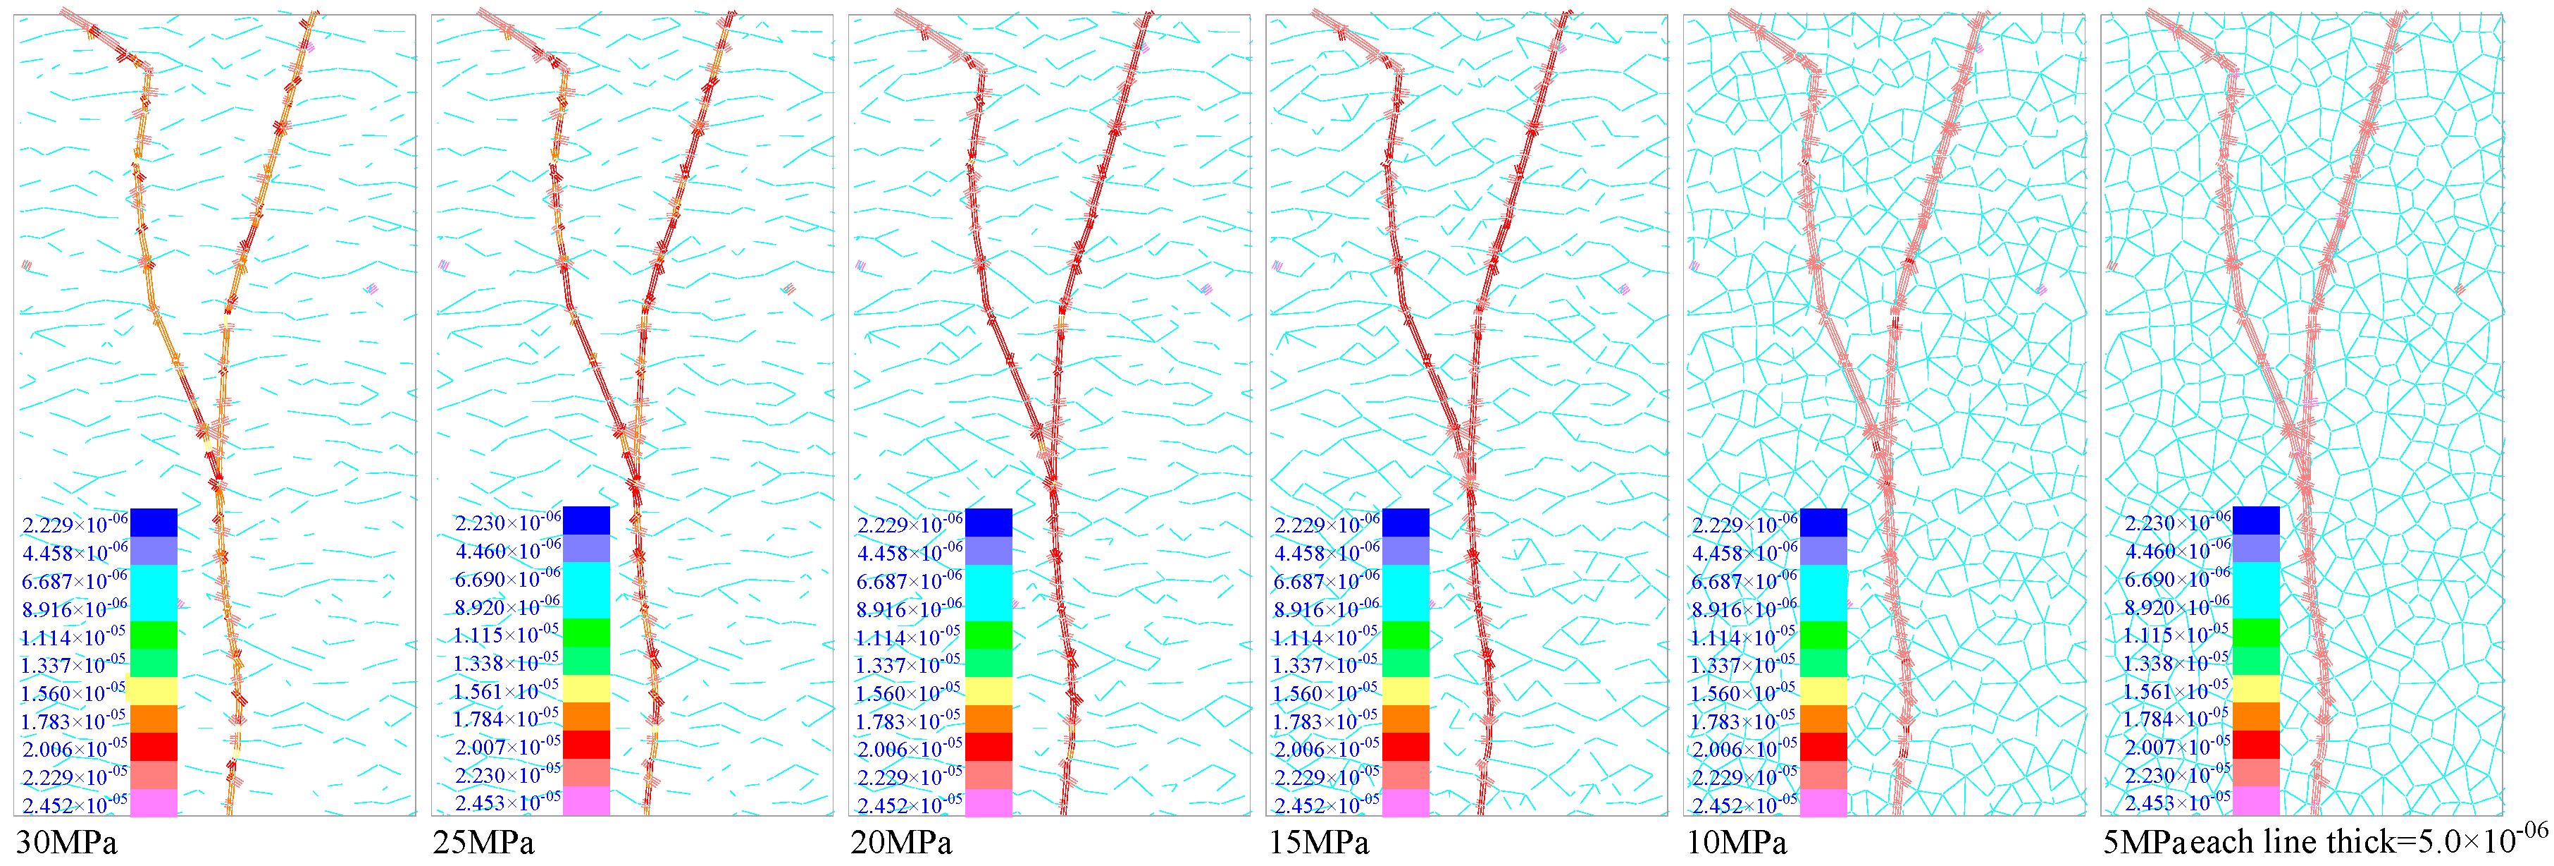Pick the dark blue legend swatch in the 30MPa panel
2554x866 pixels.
pos(154,523)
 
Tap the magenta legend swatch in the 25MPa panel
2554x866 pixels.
pos(586,800)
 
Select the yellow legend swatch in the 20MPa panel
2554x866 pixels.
pos(988,691)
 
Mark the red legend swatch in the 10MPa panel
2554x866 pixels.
pos(1823,747)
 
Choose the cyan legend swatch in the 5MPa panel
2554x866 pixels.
pos(2255,590)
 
